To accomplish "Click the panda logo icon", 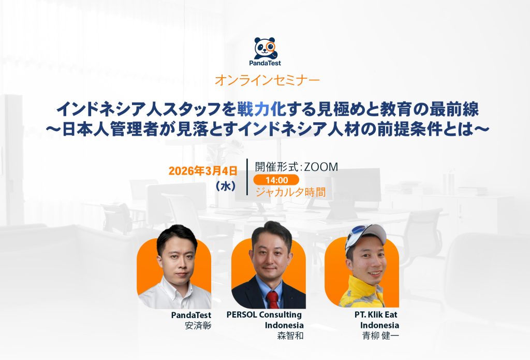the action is click(266, 48).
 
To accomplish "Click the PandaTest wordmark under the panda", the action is click(265, 63).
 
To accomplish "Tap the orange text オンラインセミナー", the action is click(267, 80).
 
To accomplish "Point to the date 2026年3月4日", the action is click(203, 171).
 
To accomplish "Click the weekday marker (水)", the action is click(226, 186).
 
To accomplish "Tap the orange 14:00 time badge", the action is click(276, 180).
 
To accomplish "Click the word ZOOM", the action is click(321, 167).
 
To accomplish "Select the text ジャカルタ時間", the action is click(290, 192).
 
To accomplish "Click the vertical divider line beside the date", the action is click(247, 177).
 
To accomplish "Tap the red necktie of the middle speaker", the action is click(272, 299).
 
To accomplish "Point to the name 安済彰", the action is click(198, 325).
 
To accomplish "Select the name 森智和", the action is click(290, 336).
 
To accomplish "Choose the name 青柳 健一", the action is click(380, 336).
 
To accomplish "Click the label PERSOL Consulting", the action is click(264, 314).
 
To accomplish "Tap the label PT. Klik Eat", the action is click(376, 314).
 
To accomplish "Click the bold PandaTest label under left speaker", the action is click(191, 315).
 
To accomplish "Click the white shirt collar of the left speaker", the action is click(176, 287).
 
